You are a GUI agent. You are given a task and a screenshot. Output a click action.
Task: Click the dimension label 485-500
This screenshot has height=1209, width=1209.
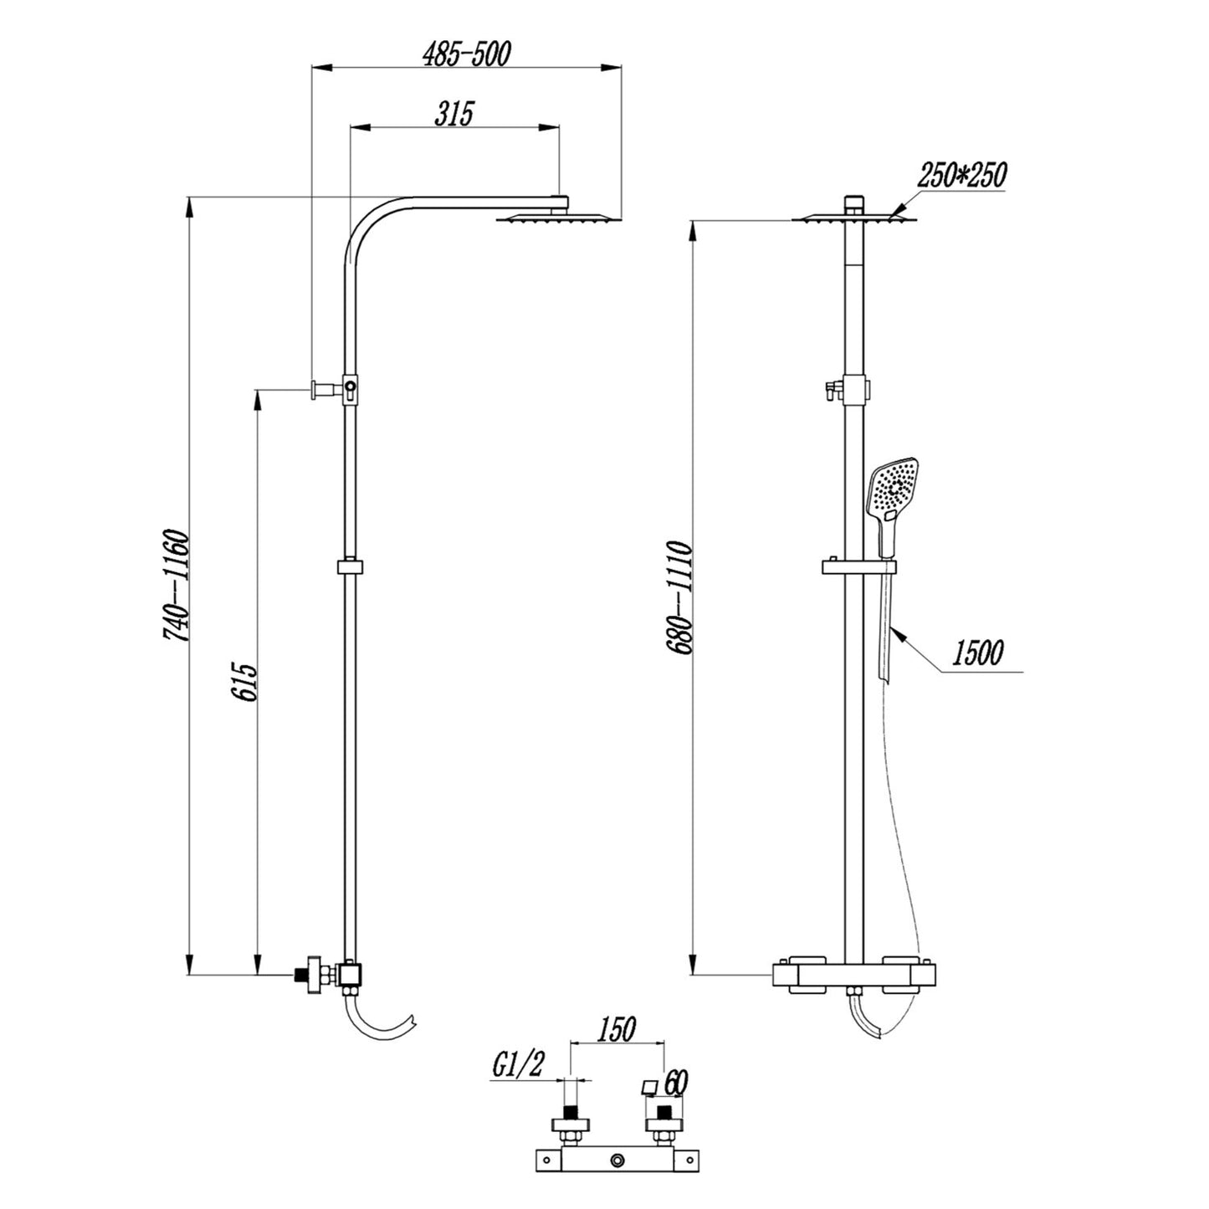466,54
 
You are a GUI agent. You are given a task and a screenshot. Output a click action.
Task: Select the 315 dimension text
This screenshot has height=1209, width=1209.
453,113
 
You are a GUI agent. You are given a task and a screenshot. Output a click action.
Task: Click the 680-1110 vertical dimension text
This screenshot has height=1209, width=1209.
678,597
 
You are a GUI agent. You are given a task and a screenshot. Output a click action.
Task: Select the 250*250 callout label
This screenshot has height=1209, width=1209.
961,176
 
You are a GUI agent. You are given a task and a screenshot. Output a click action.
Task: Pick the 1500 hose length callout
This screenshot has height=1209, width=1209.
976,653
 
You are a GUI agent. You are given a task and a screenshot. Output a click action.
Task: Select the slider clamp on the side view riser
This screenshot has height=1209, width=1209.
351,567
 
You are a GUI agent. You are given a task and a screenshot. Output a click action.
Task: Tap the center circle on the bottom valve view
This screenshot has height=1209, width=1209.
617,1160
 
